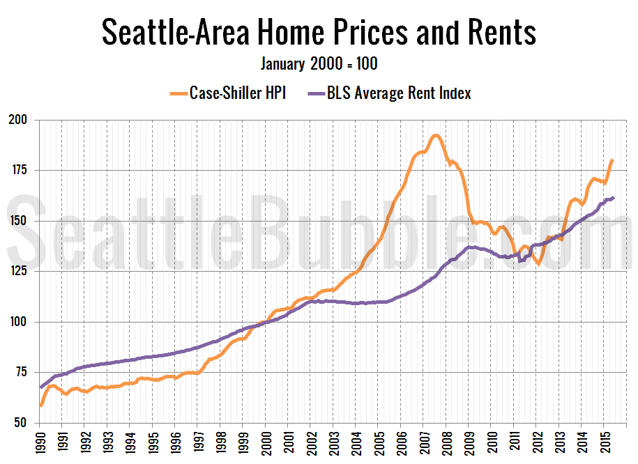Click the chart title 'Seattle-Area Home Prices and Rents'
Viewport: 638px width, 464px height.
319,32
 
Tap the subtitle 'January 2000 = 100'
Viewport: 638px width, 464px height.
319,64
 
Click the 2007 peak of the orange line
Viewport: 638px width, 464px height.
436,135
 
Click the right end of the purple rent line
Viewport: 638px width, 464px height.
613,197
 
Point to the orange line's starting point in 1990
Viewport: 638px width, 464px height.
41,405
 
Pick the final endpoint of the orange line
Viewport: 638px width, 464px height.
612,160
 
